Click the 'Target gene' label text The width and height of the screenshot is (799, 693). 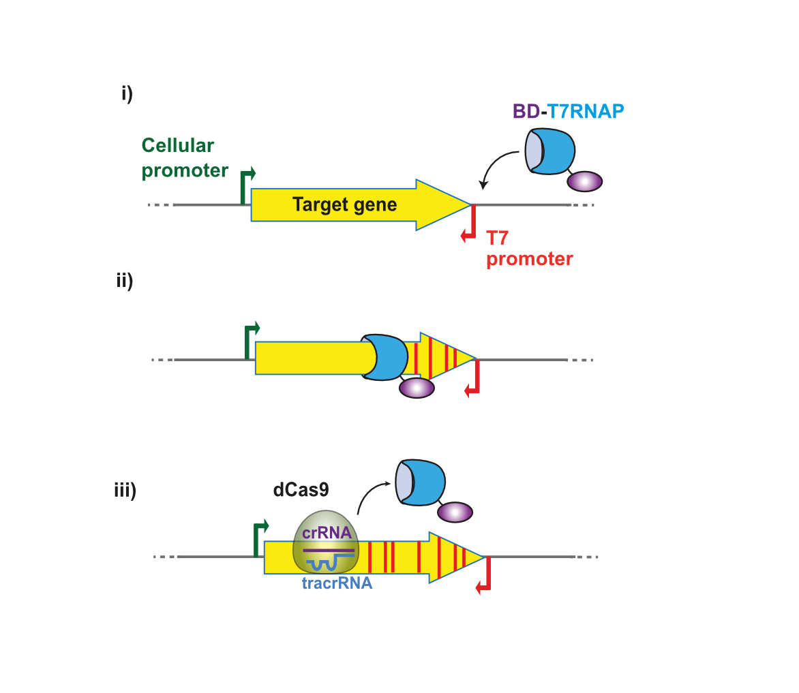344,204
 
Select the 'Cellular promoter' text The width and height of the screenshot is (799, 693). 185,158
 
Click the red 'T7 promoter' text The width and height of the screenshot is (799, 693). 529,248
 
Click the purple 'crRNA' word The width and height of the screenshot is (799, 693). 327,532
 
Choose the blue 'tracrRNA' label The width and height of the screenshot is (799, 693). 337,583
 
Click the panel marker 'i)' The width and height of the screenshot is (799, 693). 127,93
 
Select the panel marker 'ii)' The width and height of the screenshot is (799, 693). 124,281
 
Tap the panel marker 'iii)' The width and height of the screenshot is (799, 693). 125,490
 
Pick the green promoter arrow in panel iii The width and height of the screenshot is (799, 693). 260,538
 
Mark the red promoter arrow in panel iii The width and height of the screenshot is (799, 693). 485,576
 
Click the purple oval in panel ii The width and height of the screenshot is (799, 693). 417,388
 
